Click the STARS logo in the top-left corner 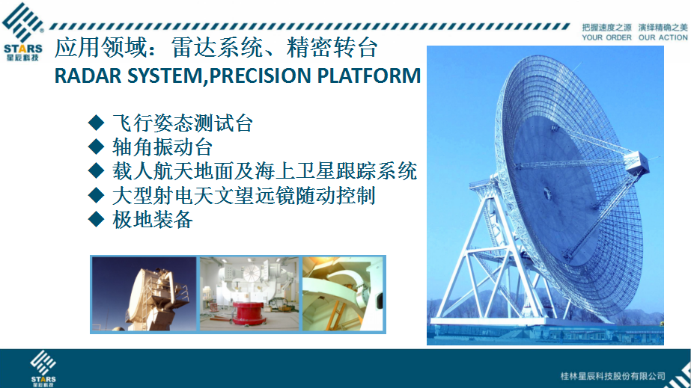23,31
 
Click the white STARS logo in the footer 43,369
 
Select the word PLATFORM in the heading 369,76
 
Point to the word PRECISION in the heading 261,76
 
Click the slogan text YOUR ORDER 606,38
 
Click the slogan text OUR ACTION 663,38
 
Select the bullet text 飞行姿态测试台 183,123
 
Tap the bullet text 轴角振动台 162,147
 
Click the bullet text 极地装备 153,219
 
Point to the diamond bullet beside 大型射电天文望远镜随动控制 96,195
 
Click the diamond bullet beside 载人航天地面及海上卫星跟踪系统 96,170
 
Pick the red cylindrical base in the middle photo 248,313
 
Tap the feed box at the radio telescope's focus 636,163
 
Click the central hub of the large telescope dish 547,193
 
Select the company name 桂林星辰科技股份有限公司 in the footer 612,376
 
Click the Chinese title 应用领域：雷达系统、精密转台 216,48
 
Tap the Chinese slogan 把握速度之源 606,28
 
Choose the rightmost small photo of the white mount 342,294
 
